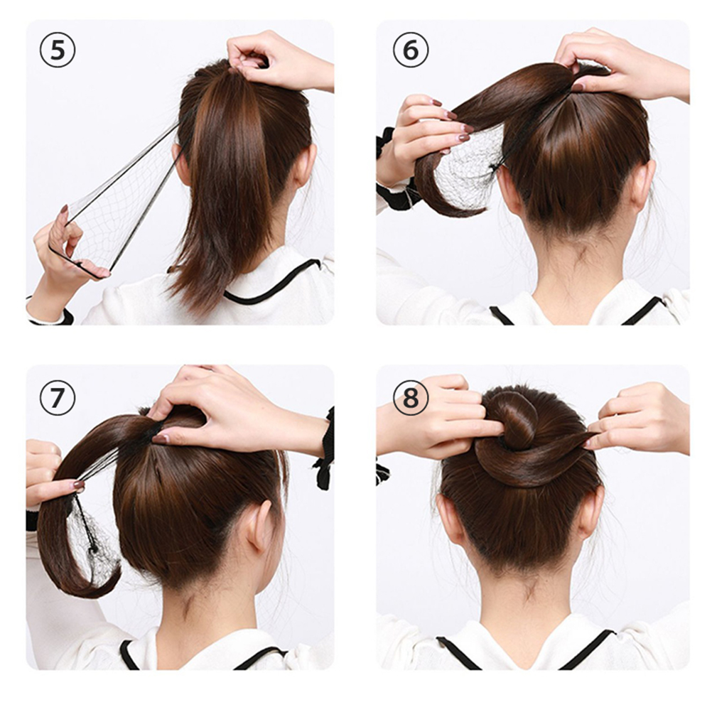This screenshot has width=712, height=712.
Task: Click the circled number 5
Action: click(58, 51)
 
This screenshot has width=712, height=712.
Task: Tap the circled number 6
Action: click(411, 50)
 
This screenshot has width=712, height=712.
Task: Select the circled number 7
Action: click(58, 398)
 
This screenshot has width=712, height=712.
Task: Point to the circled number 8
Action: click(411, 398)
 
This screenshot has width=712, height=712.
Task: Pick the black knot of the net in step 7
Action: click(93, 550)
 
